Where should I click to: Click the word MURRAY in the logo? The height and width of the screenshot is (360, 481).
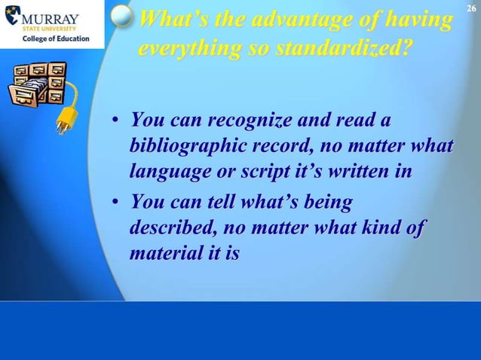coord(52,17)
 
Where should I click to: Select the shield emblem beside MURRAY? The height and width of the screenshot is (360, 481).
coord(11,22)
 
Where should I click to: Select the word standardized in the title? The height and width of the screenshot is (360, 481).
coord(345,50)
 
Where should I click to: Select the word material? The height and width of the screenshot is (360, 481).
coord(166,254)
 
